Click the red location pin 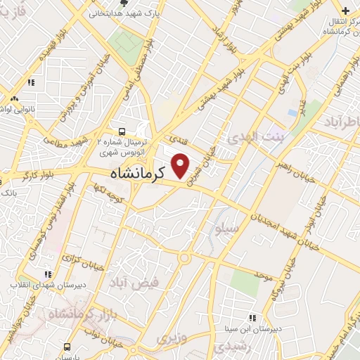[x=181, y=167]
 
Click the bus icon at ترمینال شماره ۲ [x=123, y=131]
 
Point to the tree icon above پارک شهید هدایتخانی [x=124, y=3]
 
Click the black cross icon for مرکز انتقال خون [x=345, y=11]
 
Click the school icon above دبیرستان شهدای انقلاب [x=48, y=274]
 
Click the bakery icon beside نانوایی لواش [x=15, y=98]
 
